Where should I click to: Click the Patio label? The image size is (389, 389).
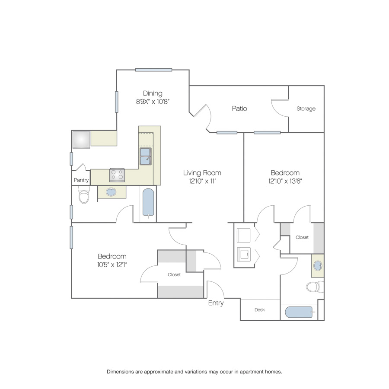coord(239,108)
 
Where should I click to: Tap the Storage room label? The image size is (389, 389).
coord(306,108)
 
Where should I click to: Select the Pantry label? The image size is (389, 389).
coord(81,180)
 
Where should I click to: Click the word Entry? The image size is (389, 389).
coord(216,303)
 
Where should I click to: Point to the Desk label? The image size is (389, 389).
coord(259,309)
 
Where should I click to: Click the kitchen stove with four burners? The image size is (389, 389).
coord(117,175)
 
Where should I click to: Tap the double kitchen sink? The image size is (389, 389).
coord(145,156)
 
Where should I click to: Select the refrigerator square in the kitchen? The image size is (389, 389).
coord(81,140)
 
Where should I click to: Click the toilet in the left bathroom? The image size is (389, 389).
coord(84,194)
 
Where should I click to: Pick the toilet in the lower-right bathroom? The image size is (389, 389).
coord(315,287)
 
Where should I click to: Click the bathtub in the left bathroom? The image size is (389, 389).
coord(148,202)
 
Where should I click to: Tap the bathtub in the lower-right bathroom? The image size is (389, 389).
coord(299,312)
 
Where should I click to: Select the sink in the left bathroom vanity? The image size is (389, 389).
coord(111,192)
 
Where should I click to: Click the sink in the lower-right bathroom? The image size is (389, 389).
coord(318,266)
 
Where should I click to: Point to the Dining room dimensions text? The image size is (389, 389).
coord(153,102)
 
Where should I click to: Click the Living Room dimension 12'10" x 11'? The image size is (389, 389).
coord(202,181)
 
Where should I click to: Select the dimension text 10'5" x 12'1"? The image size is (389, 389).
coord(112,265)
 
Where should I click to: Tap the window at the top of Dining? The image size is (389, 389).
coord(153,70)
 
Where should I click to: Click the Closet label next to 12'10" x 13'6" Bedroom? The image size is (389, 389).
coord(302,237)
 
